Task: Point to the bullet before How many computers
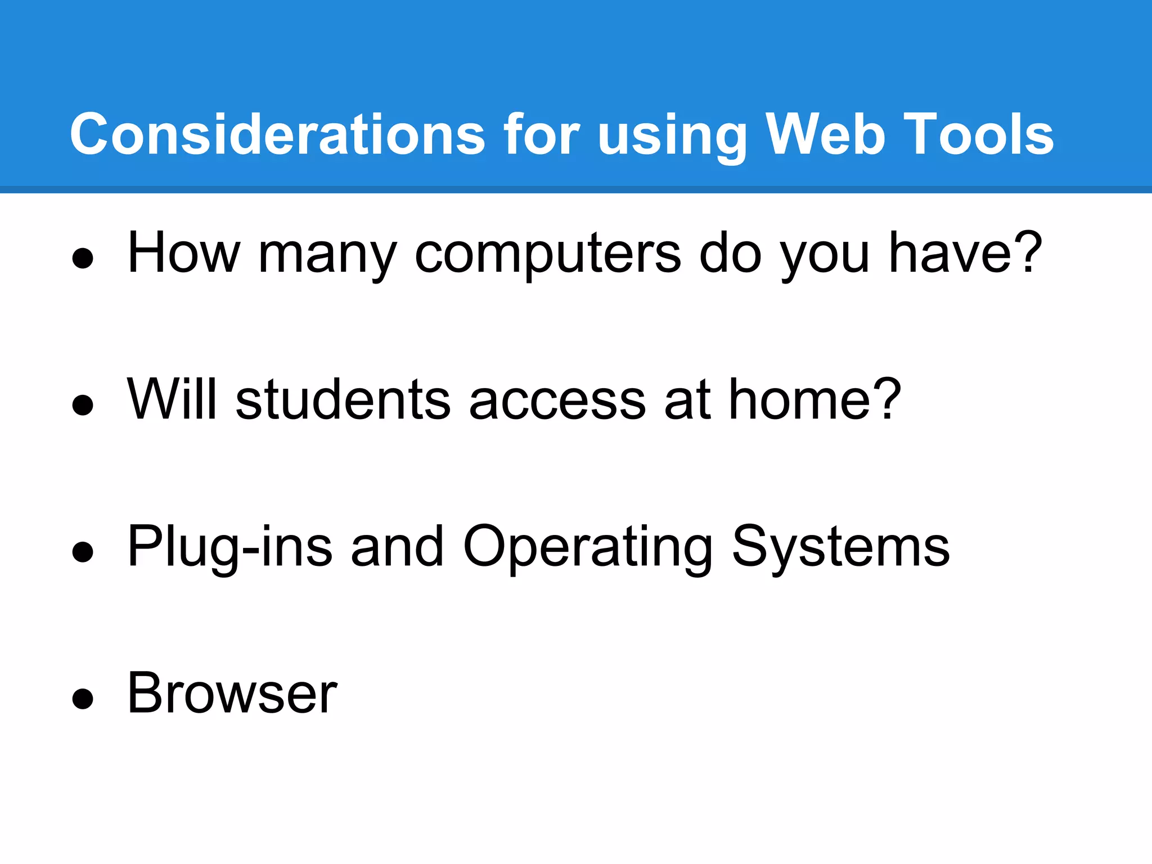click(83, 259)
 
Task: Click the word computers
click(547, 254)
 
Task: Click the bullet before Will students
click(83, 405)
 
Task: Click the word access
click(557, 400)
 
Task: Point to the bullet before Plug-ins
click(83, 552)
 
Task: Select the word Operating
click(588, 547)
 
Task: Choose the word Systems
click(841, 547)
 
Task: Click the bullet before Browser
click(83, 699)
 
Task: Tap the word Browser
click(232, 694)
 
